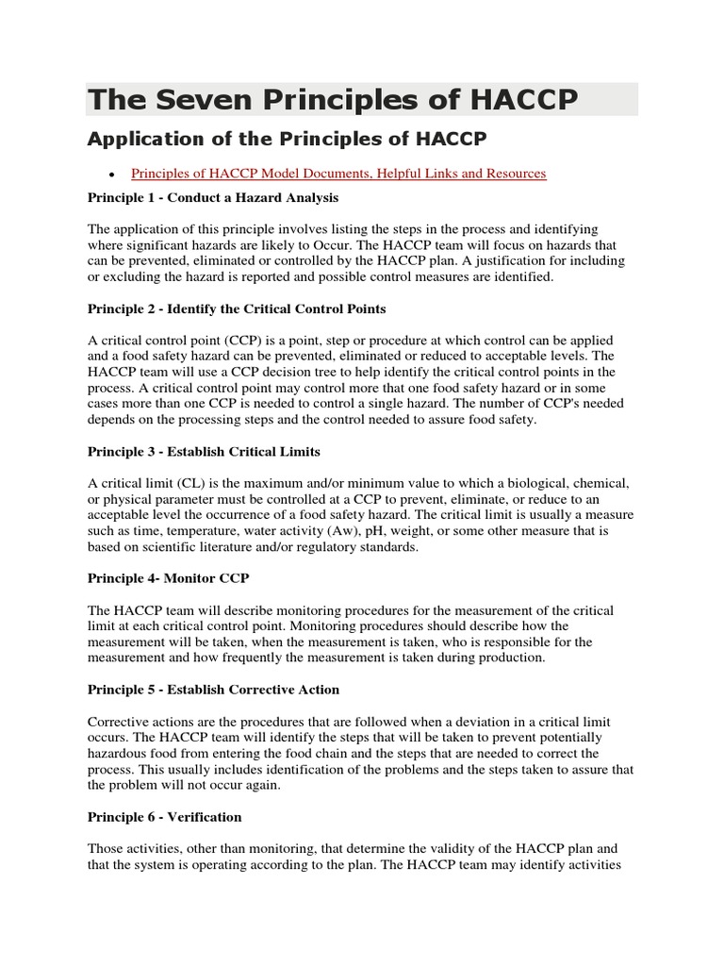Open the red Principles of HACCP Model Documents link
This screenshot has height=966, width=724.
[x=338, y=174]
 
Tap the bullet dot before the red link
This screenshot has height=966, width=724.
[x=112, y=175]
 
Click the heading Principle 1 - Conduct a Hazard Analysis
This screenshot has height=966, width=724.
[x=212, y=198]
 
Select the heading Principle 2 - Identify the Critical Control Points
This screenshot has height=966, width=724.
[x=236, y=308]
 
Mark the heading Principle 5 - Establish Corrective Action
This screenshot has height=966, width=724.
[x=213, y=690]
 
